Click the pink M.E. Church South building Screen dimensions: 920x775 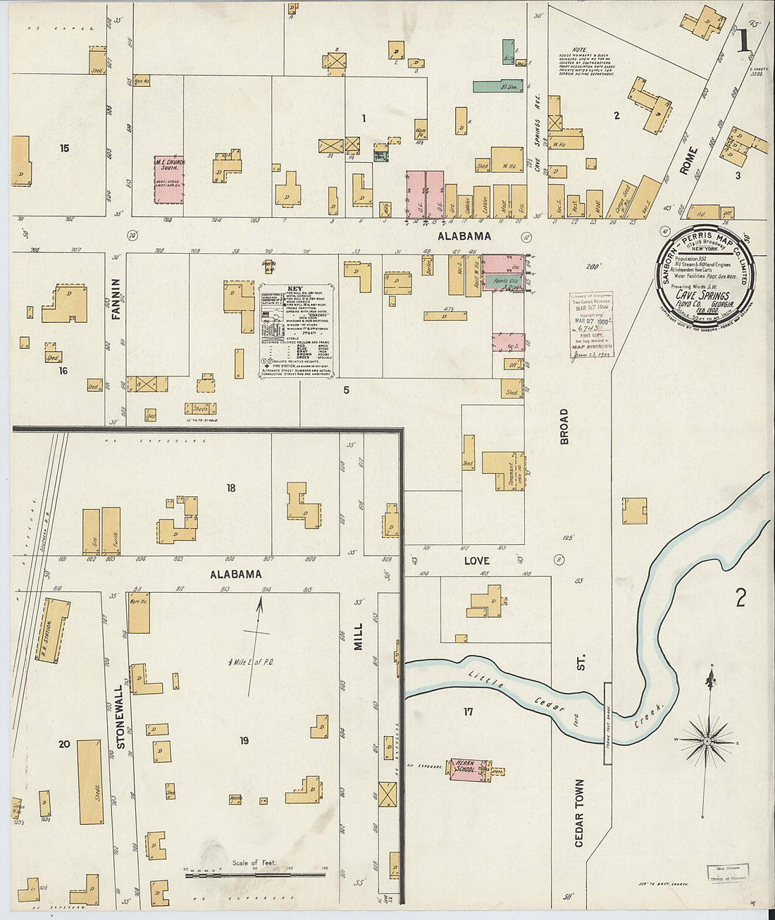pos(168,180)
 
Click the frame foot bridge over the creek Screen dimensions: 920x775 pos(607,733)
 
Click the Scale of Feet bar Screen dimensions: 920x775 pos(255,875)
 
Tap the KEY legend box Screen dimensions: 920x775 pos(296,332)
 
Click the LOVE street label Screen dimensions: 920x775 pos(476,560)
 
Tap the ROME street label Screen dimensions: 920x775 pos(688,161)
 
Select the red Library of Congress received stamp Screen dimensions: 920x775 pos(592,324)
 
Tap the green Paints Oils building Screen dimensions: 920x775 pos(505,281)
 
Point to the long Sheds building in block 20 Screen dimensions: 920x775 pos(90,782)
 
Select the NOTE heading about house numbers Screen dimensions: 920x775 pos(580,50)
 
